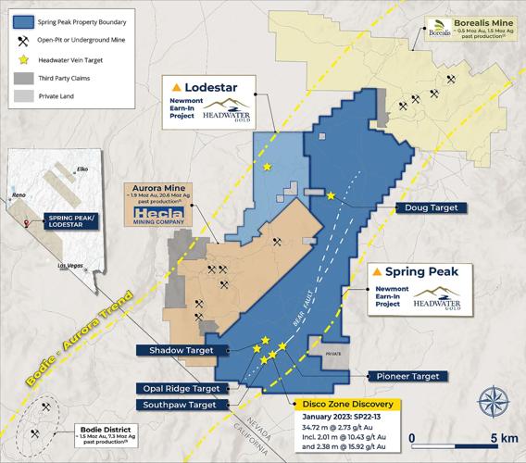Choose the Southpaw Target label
pos(180,405)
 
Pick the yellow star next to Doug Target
pos(332,194)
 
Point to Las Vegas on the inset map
pos(70,266)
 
